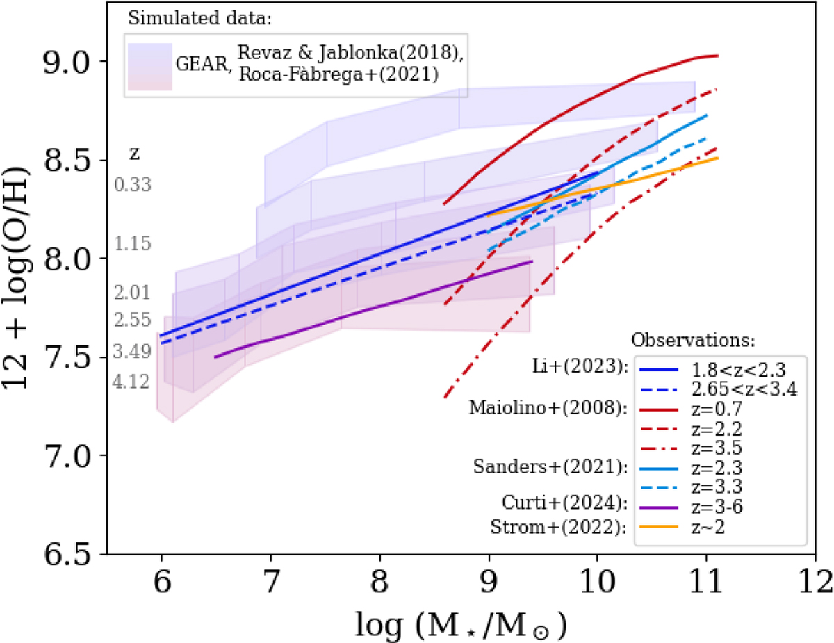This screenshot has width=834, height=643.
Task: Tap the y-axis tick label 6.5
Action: [x=67, y=555]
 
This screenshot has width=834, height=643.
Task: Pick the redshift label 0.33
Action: [x=133, y=185]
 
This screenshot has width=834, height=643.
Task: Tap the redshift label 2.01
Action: [x=133, y=293]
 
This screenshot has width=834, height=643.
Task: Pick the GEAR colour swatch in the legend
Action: [x=149, y=67]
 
